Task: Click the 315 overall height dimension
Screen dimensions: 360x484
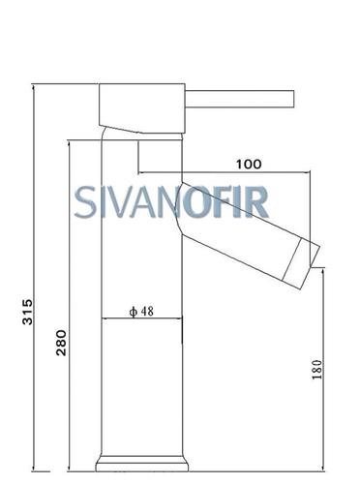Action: point(27,312)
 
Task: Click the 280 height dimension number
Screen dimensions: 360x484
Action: point(61,343)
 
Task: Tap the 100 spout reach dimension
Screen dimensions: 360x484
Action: point(249,165)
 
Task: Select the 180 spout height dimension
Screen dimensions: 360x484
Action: point(317,370)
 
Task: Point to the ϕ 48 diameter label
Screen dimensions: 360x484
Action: point(141,312)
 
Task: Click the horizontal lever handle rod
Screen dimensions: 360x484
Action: point(239,99)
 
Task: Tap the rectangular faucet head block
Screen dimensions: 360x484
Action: point(142,108)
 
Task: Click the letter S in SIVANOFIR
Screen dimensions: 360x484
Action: point(85,202)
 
